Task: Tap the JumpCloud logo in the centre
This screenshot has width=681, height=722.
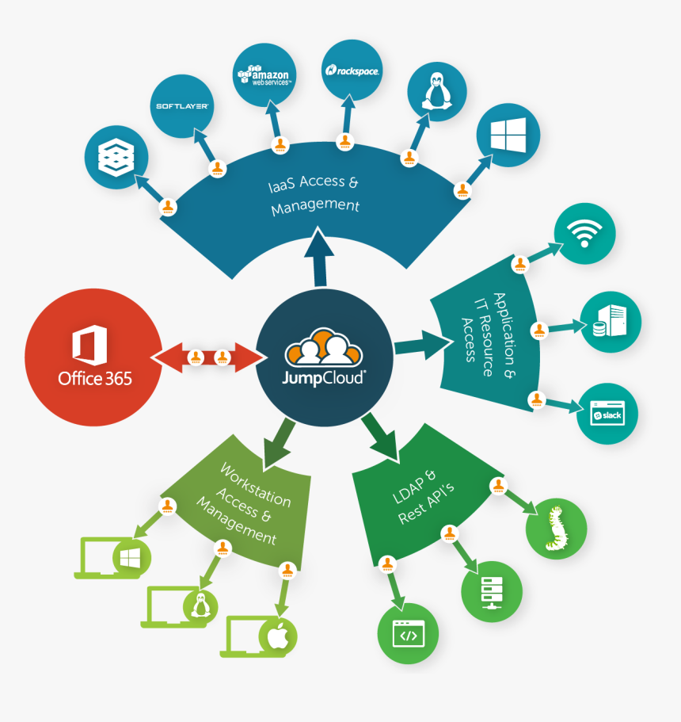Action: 325,357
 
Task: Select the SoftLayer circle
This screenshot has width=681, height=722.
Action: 181,106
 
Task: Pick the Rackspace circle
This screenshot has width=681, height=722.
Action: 352,71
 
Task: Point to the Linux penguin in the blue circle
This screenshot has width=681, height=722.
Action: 436,91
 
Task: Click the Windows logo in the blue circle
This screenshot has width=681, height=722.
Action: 508,136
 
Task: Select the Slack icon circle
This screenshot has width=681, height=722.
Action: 607,414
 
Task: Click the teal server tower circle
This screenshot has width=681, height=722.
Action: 611,323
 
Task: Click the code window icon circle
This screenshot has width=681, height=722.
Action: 408,633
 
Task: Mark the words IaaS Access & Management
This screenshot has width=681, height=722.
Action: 314,194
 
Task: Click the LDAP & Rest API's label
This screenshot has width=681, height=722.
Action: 424,495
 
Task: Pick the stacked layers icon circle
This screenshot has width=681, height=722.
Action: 115,156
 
